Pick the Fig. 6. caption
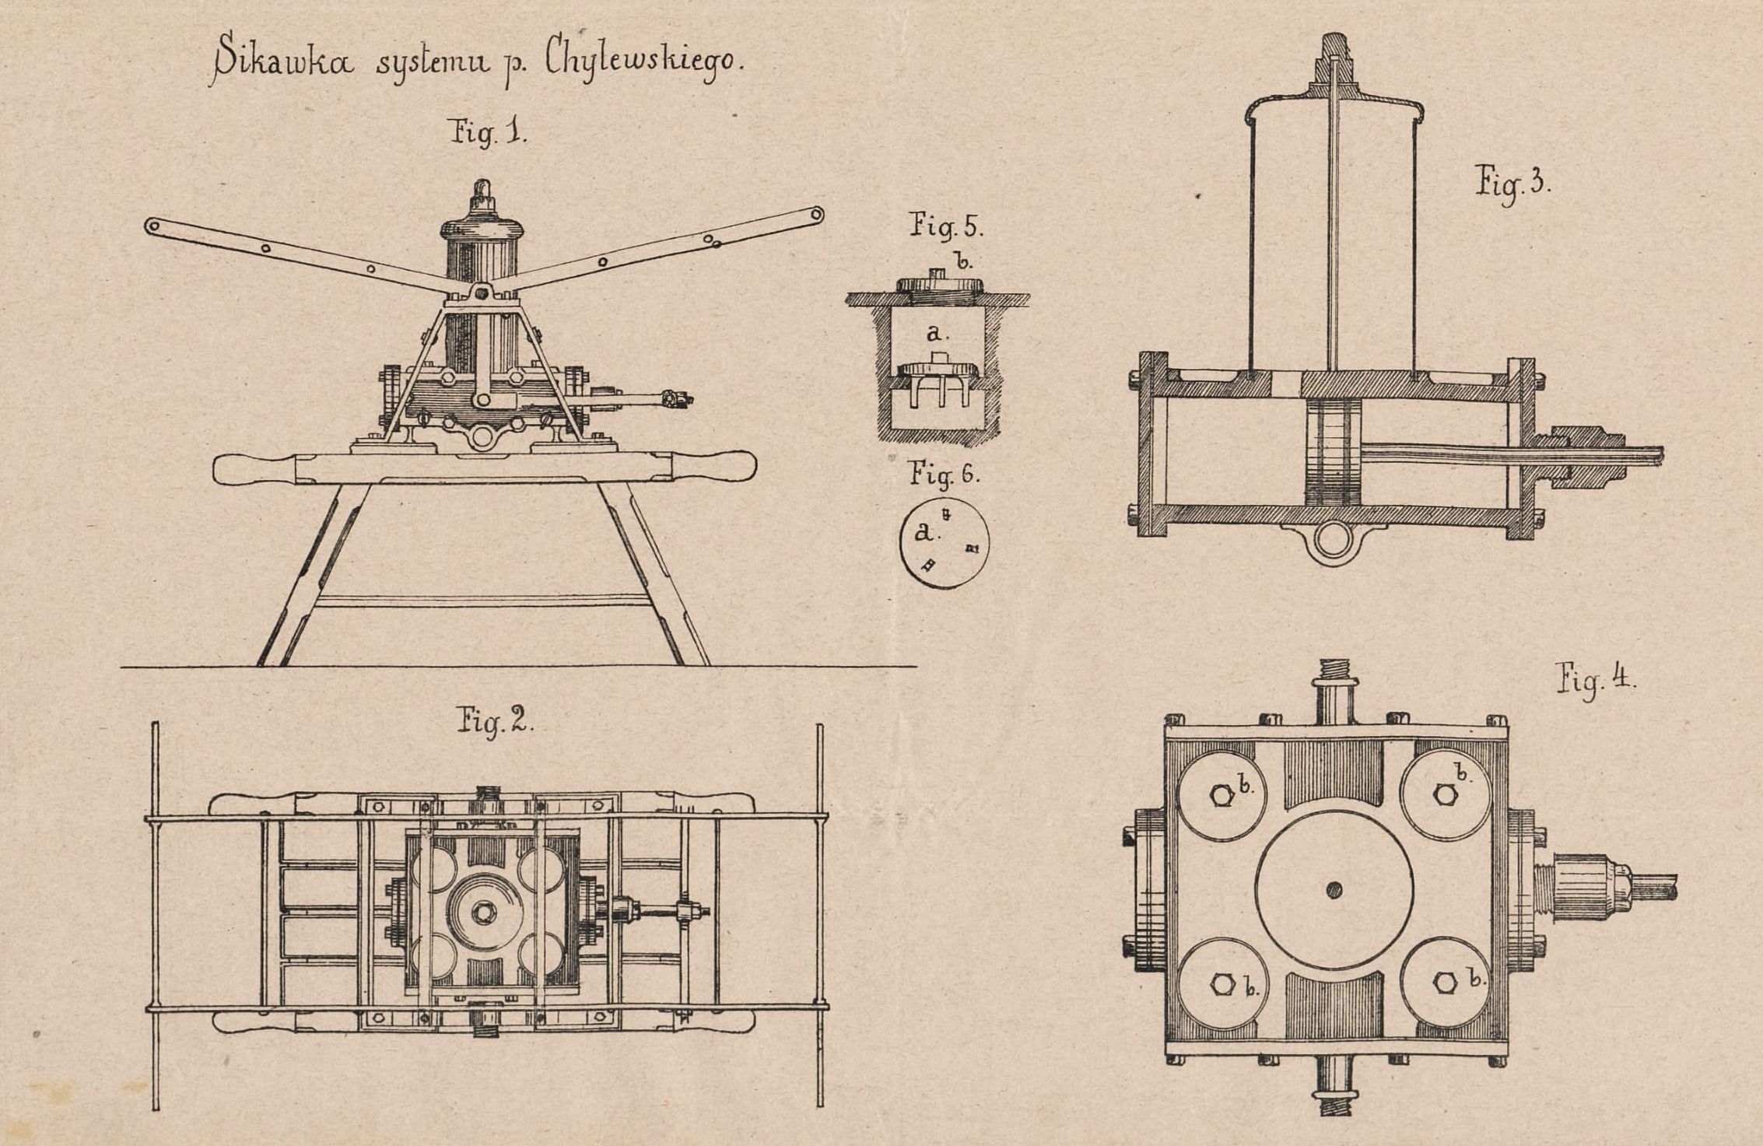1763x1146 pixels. tap(944, 474)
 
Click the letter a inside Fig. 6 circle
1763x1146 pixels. tap(924, 532)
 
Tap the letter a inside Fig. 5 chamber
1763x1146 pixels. tap(937, 334)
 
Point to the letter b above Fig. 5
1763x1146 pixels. tap(963, 261)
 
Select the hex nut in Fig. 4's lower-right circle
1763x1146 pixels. tap(1445, 983)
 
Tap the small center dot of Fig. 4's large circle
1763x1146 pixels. tap(1334, 889)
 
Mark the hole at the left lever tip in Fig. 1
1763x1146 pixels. tap(152, 226)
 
